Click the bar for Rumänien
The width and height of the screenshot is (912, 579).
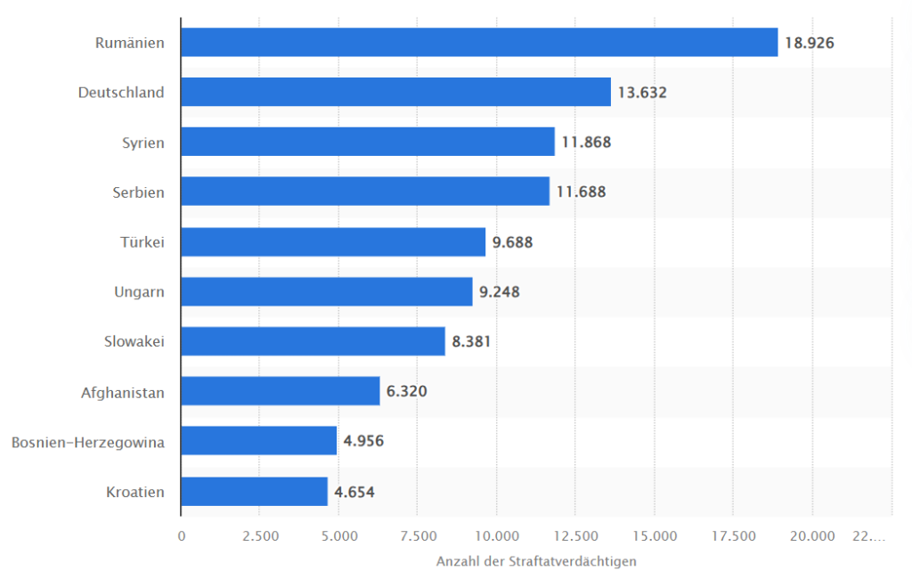479,42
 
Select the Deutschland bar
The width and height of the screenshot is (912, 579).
395,92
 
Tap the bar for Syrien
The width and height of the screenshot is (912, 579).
368,142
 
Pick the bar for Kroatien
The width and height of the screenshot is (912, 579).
254,492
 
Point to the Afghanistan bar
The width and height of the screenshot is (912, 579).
281,391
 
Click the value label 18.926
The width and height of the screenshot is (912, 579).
809,42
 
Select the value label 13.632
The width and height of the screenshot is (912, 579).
642,92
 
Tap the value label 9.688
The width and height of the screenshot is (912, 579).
512,241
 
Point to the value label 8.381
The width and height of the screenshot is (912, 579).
471,341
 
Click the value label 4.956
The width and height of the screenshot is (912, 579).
363,441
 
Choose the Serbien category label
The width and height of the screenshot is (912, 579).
140,192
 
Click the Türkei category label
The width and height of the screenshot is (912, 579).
142,241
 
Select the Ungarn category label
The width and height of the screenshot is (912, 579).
139,291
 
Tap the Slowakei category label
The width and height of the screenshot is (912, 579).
134,341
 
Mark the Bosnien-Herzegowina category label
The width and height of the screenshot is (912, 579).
88,441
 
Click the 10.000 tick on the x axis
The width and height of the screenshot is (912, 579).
497,536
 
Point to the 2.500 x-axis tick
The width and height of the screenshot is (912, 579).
259,536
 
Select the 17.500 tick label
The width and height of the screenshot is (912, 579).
733,536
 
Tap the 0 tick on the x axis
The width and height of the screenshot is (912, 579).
182,536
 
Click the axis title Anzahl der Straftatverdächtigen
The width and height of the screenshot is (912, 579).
536,562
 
